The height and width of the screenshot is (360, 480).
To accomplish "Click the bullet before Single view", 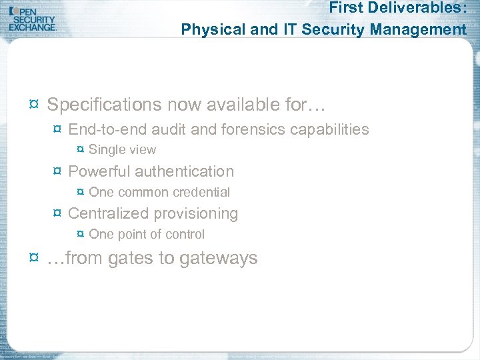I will coord(81,150).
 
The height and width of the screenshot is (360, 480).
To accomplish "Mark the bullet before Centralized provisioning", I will coord(58,214).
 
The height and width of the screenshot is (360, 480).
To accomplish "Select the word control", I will coord(185,234).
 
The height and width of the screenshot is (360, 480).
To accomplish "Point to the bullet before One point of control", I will coord(81,235).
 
